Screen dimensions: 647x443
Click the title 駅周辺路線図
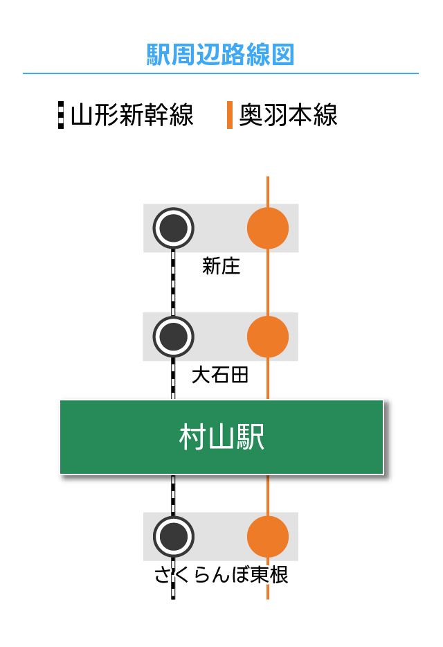tap(221, 54)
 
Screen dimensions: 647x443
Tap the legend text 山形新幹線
tap(132, 115)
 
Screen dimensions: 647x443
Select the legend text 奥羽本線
tap(288, 115)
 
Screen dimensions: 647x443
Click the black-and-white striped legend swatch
tap(61, 115)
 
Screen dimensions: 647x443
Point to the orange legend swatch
tap(230, 115)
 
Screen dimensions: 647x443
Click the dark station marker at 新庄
tap(173, 228)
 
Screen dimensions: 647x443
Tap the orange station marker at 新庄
tap(268, 228)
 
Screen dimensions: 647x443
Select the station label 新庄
tap(221, 266)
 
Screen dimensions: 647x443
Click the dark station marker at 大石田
tap(173, 337)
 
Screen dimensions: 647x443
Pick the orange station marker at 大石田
tap(268, 337)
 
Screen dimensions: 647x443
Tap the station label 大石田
tap(220, 375)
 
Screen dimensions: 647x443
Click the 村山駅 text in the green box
tap(221, 437)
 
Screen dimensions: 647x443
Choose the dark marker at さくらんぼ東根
tap(173, 536)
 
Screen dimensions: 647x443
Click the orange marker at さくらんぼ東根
tap(268, 536)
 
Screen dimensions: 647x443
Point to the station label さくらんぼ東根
tap(221, 575)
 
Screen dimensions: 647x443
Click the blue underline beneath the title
tap(221, 73)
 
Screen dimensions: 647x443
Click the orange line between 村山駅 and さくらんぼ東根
tap(268, 493)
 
